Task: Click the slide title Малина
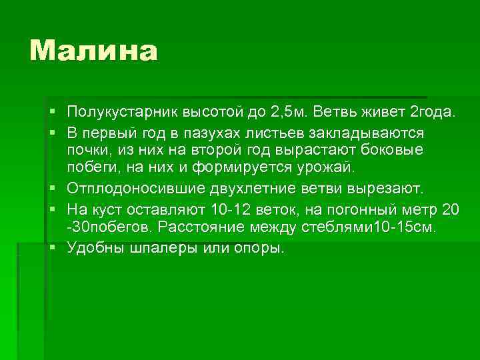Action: [x=93, y=51]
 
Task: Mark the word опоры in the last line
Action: [x=257, y=248]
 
